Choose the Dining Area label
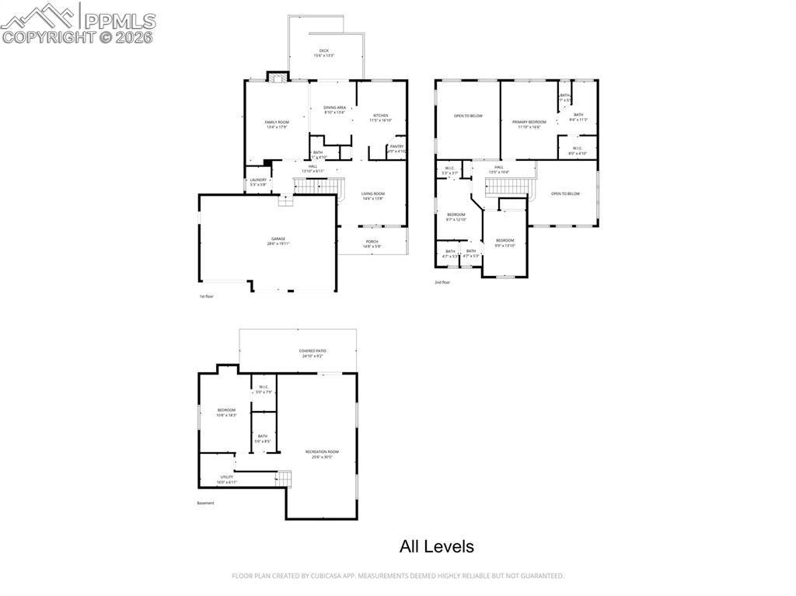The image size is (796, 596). click(x=334, y=110)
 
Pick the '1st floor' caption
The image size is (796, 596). click(x=206, y=296)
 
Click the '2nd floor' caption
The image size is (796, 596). click(x=442, y=282)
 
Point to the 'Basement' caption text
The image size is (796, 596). click(x=205, y=503)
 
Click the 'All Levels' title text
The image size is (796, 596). click(x=436, y=547)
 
